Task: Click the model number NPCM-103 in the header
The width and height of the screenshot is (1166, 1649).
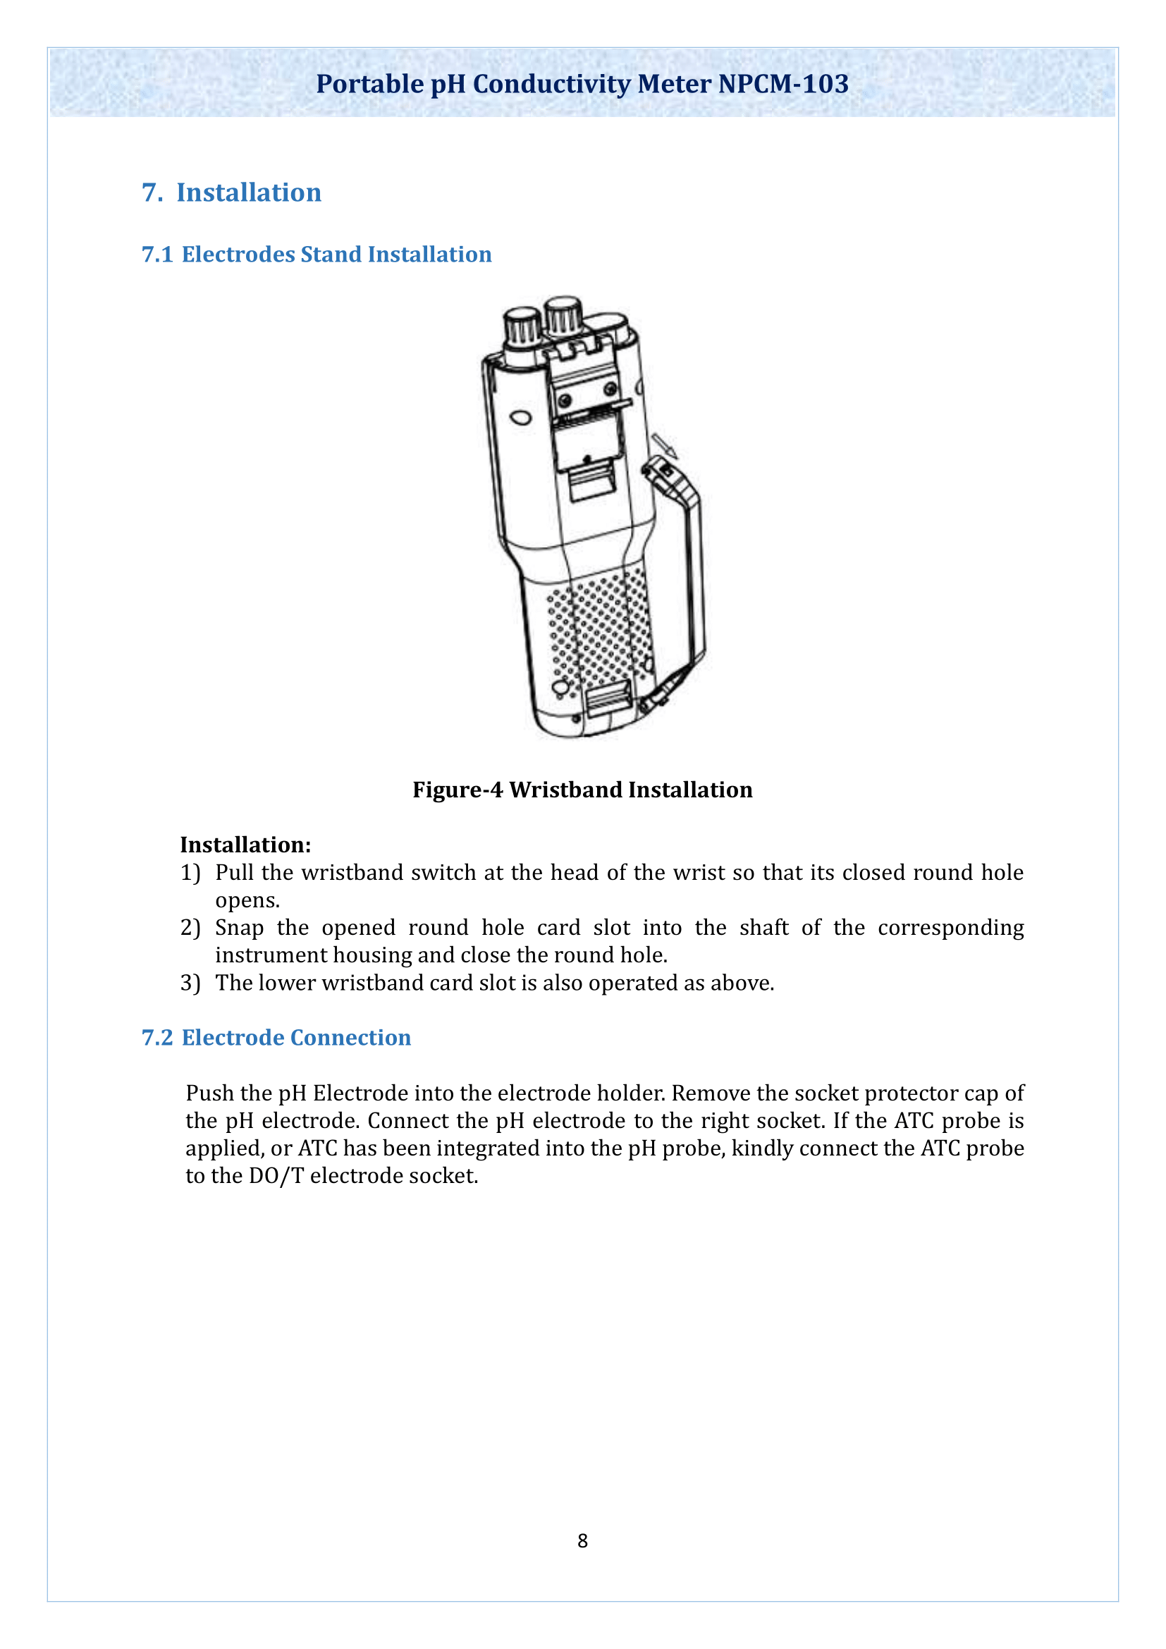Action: point(783,84)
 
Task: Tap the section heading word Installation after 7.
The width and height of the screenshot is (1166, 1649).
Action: point(248,192)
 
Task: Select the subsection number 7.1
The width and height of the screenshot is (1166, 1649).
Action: point(157,255)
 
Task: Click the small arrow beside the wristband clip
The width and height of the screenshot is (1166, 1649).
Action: point(664,446)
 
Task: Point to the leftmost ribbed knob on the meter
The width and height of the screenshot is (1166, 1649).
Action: point(522,329)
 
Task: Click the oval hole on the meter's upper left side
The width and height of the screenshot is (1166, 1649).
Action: point(520,417)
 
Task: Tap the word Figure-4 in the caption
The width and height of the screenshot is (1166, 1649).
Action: point(458,790)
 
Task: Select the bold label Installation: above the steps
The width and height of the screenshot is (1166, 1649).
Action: point(245,845)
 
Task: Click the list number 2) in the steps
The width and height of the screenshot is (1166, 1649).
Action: point(190,928)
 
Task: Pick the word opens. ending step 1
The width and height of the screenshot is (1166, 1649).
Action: point(247,900)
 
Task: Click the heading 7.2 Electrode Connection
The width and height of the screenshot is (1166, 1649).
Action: point(276,1038)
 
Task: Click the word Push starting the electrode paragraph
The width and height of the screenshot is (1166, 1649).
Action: point(209,1093)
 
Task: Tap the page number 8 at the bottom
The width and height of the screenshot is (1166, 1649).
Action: point(582,1540)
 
